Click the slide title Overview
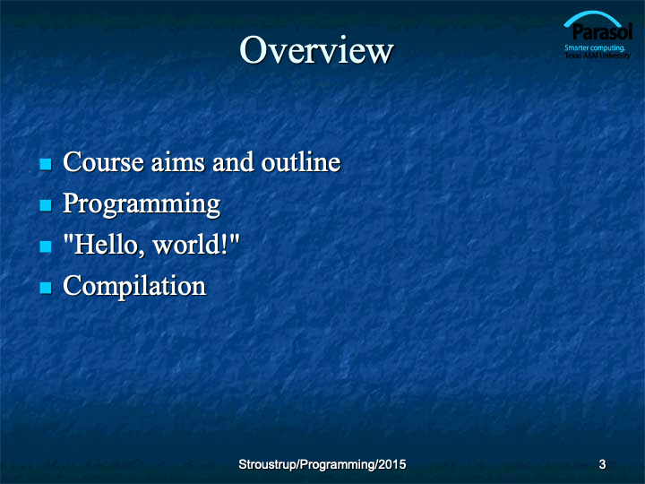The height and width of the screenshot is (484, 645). tap(316, 50)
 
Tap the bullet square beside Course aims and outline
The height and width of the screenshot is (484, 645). tap(46, 164)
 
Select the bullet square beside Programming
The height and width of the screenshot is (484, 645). tap(46, 205)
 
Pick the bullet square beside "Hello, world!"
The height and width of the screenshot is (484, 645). tap(46, 246)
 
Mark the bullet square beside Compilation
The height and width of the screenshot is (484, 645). tap(46, 288)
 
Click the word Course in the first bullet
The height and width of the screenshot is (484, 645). tap(103, 161)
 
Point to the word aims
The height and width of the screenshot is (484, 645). tap(177, 161)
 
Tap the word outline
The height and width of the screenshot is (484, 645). tap(301, 161)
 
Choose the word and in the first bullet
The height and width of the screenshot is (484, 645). tap(233, 161)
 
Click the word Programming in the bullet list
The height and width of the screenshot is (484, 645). tap(142, 204)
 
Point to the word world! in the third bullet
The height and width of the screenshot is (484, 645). tap(191, 245)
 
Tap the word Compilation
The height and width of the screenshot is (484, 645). tap(134, 286)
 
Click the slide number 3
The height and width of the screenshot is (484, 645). tap(602, 464)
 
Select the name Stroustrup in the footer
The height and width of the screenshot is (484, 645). tap(268, 464)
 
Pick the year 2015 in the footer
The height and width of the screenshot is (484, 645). tap(392, 464)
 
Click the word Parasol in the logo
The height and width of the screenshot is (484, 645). tap(602, 31)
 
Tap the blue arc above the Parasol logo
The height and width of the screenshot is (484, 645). tap(592, 13)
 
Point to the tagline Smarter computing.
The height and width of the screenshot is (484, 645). tap(595, 48)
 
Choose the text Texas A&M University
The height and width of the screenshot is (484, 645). tap(598, 56)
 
